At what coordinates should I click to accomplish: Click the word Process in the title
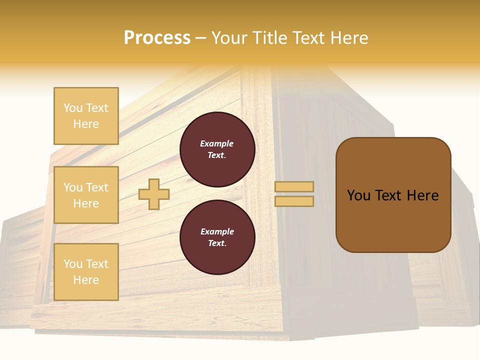tap(157, 38)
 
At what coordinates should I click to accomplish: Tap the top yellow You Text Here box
tap(86, 116)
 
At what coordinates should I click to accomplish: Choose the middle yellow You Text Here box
tap(86, 195)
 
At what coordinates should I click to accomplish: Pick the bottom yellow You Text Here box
tap(86, 271)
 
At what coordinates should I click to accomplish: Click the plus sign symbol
tap(154, 194)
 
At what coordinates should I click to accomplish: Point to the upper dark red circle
tap(217, 149)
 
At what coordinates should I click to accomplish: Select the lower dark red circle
tap(217, 237)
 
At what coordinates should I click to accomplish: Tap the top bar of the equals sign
tap(294, 187)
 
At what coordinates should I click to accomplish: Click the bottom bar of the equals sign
tap(294, 201)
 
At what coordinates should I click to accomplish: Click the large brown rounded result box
tap(393, 194)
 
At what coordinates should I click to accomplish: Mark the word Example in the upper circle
tap(217, 143)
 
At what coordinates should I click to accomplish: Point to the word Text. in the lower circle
tap(217, 243)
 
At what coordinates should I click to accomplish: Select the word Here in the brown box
tap(422, 195)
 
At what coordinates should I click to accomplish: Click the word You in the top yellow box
tap(73, 108)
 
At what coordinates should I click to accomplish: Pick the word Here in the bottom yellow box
tap(86, 280)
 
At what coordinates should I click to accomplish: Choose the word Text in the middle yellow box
tap(97, 187)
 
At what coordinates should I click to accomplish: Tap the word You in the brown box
tap(359, 195)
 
